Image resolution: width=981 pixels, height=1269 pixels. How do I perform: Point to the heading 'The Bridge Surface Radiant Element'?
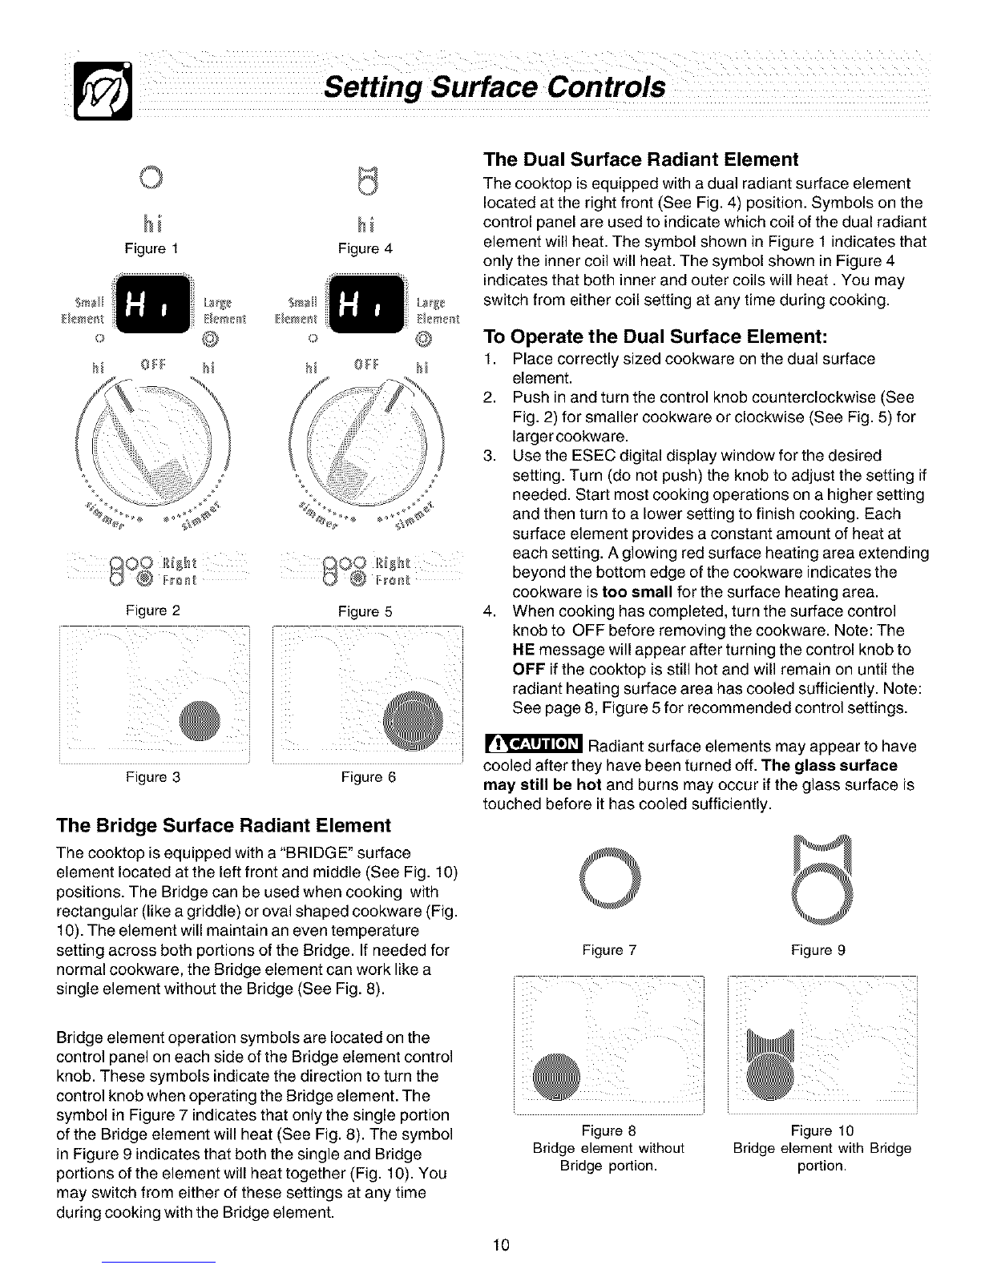coord(223,825)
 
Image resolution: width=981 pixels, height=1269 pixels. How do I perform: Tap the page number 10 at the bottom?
coord(503,1244)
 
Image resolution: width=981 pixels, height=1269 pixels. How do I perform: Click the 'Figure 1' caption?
coord(150,248)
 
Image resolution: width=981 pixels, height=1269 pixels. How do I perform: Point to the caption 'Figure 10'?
coord(822,1130)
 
